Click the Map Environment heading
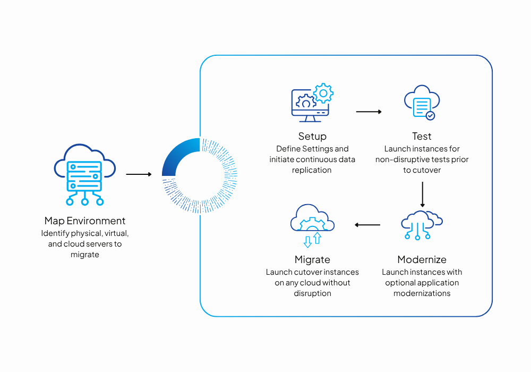(x=85, y=221)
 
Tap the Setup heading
(x=312, y=136)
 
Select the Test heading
(x=422, y=136)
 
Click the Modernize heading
(x=422, y=259)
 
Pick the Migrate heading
(x=312, y=259)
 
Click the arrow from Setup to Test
(x=369, y=112)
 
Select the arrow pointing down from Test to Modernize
(x=422, y=194)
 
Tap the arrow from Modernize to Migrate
(x=367, y=225)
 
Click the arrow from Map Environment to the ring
(x=139, y=174)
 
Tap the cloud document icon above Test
(x=422, y=102)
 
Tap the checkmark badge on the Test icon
(x=431, y=115)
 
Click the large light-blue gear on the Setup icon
(x=323, y=93)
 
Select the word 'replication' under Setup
(x=312, y=170)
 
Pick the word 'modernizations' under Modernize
(x=422, y=293)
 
